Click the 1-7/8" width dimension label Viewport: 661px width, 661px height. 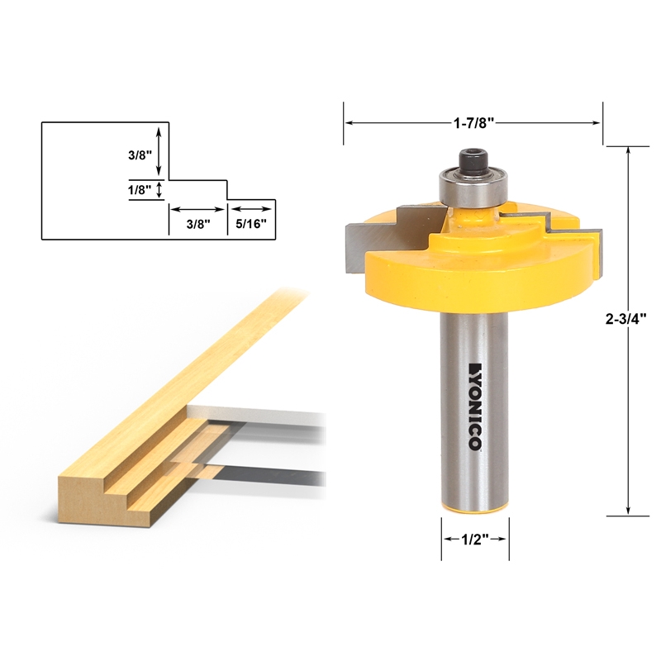point(472,122)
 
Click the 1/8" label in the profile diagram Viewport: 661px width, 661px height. point(140,189)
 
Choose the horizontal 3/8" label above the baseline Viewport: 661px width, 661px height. point(197,223)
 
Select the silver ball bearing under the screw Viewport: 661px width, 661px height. point(471,188)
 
